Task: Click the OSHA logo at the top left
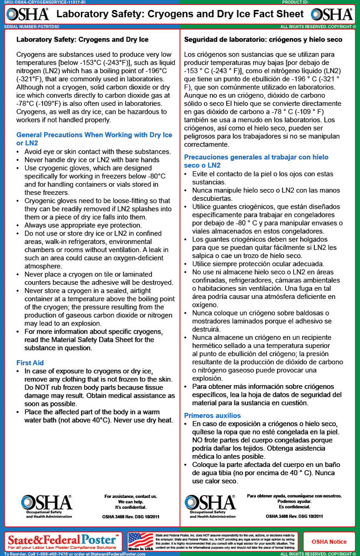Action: click(x=27, y=14)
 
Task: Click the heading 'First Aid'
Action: click(x=30, y=362)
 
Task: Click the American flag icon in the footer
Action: click(x=141, y=541)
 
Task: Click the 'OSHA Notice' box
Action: click(x=329, y=542)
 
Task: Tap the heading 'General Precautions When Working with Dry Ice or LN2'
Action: click(x=94, y=139)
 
